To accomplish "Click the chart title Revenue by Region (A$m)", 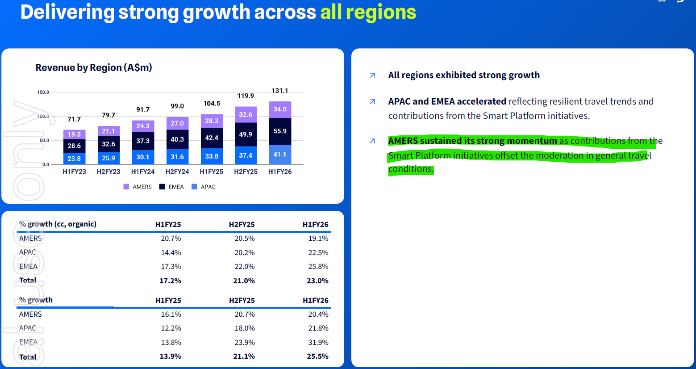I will (94, 68).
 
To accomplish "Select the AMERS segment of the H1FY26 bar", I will (280, 109).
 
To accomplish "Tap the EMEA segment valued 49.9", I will (246, 134).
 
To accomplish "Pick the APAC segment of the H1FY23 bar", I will (74, 158).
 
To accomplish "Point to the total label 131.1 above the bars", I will (280, 91).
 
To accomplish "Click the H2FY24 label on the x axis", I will (177, 172).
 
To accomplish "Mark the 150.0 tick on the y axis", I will (43, 92).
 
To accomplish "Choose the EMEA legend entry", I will (171, 187).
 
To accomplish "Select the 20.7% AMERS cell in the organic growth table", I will (171, 239).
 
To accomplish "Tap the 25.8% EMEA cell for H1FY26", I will (318, 267).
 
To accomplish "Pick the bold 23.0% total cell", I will (317, 281).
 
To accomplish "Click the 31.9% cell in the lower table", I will (318, 343).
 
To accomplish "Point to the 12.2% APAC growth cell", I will (171, 328).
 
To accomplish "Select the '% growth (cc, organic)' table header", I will (58, 224).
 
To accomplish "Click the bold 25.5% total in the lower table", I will (317, 356).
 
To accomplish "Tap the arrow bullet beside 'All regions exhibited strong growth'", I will (372, 75).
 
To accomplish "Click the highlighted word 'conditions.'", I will (411, 169).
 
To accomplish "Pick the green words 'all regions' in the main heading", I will (368, 12).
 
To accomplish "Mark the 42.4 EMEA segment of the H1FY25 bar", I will (212, 138).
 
